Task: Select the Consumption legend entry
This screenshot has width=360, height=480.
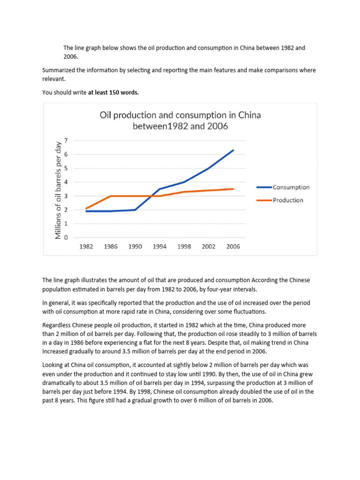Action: [291, 187]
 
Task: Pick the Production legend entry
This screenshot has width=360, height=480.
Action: [288, 200]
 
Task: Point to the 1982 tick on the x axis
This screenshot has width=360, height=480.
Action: [86, 247]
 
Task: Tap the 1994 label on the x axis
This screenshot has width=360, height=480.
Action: [160, 247]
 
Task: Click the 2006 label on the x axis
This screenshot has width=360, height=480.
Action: [233, 247]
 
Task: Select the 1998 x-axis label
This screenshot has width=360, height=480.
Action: [184, 247]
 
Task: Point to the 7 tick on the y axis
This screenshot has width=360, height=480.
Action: [66, 140]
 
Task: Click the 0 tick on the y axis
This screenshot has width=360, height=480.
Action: [66, 238]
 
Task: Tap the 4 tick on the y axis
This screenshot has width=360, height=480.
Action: [66, 182]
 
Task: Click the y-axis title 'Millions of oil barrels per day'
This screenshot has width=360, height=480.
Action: [58, 189]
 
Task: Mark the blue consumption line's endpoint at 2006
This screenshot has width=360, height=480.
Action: [233, 150]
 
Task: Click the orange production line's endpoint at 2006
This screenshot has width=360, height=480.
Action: [233, 189]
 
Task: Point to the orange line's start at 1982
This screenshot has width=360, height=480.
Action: [86, 209]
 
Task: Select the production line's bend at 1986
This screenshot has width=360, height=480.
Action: [111, 196]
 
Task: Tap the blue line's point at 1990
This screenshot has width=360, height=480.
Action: [135, 210]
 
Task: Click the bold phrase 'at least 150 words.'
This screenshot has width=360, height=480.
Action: [113, 93]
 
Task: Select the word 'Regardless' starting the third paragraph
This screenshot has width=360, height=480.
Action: [57, 325]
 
